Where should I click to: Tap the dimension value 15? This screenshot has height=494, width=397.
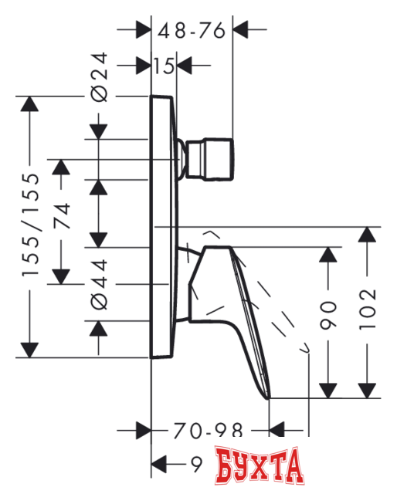pos(163,66)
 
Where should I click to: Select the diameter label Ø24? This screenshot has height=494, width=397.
pos(99,83)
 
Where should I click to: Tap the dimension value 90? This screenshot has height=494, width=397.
pos(330,315)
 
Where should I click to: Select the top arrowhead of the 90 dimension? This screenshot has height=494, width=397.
pos(330,255)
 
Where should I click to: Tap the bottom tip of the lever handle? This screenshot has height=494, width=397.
pos(268,396)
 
